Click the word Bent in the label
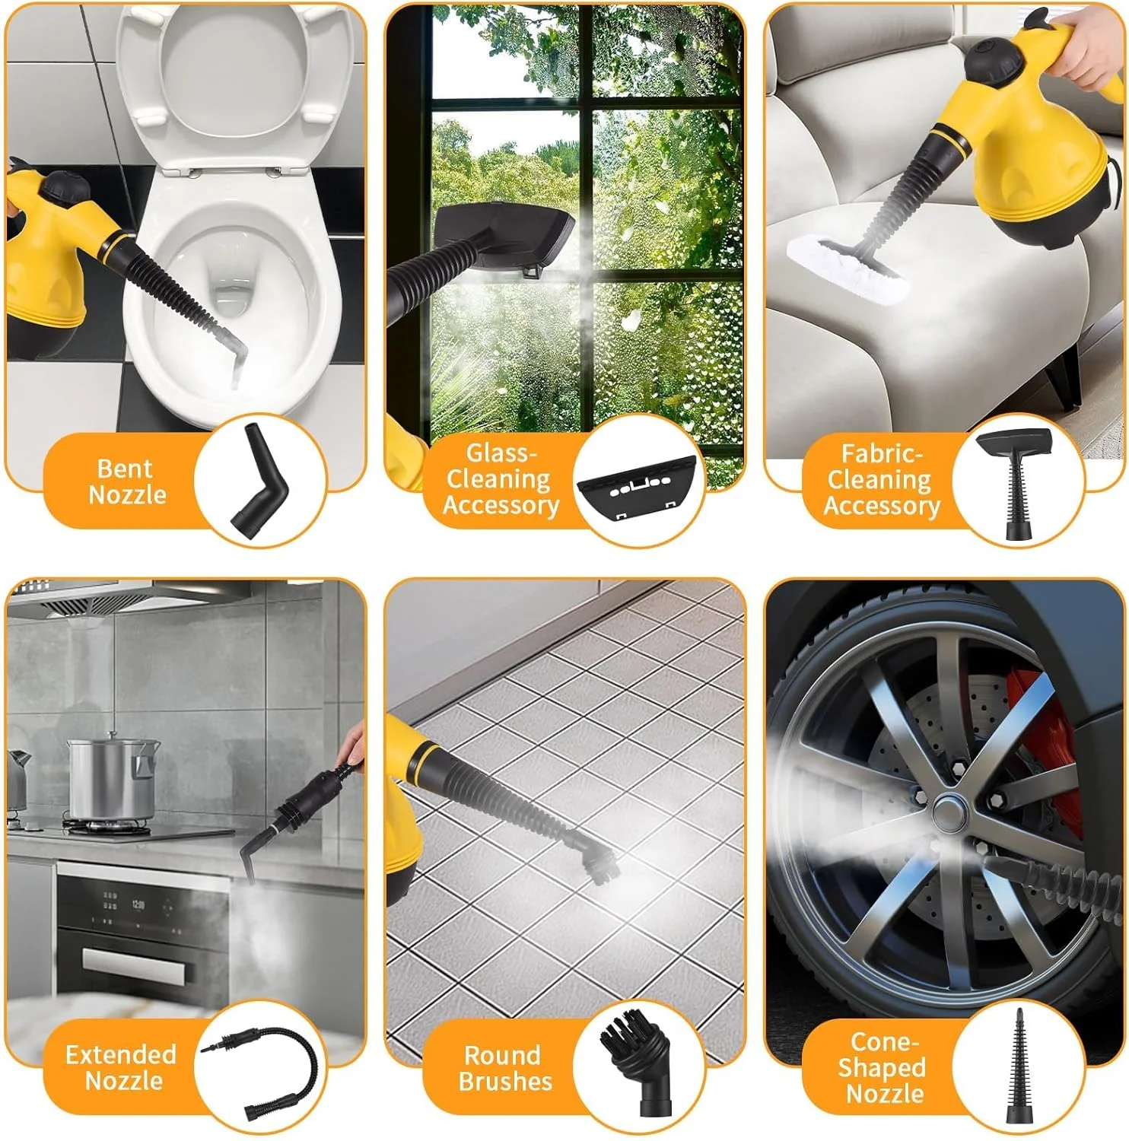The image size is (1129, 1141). click(x=125, y=468)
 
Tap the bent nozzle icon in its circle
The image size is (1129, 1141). click(x=259, y=482)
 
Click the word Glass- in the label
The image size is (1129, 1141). click(x=501, y=453)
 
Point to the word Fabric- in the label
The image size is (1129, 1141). click(x=882, y=454)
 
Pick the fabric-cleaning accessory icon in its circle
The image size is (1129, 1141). click(x=1015, y=484)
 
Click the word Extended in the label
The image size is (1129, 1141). click(x=121, y=1054)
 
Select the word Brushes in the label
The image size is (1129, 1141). click(x=505, y=1081)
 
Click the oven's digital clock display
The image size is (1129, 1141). click(x=138, y=905)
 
